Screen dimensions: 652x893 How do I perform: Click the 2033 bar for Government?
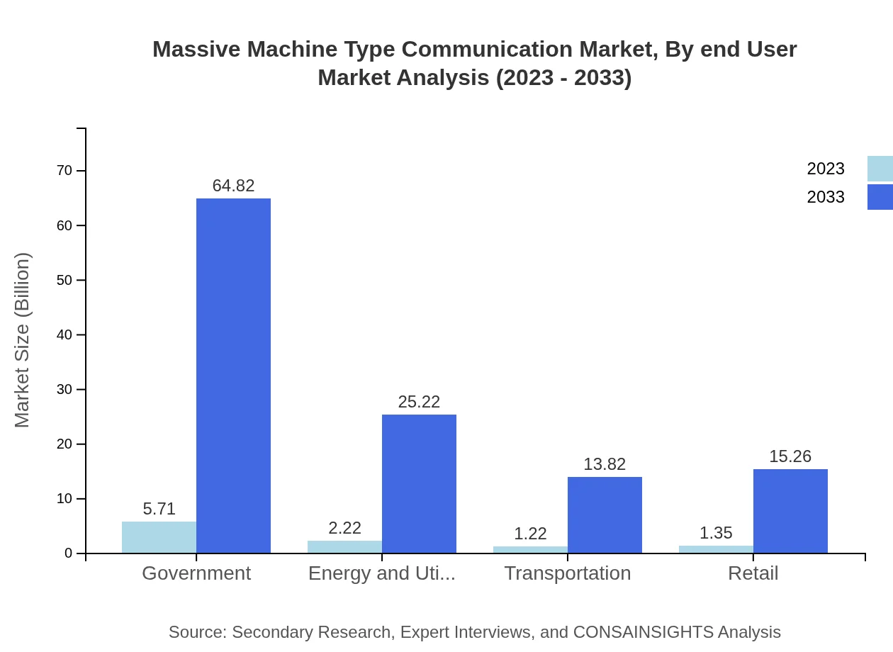tap(233, 376)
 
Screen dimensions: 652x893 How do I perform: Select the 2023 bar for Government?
tap(159, 537)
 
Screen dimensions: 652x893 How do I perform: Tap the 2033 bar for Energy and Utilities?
tap(419, 483)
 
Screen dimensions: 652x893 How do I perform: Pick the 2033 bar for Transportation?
tap(605, 515)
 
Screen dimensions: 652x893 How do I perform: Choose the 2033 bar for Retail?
tap(790, 511)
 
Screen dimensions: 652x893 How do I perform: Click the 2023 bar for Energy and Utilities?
tap(344, 546)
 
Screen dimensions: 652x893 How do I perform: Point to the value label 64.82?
tap(233, 186)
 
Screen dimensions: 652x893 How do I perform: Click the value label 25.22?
tap(419, 402)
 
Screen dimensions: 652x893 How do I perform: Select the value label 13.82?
tap(605, 464)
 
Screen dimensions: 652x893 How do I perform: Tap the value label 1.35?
tap(716, 533)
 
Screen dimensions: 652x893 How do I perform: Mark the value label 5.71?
tap(159, 509)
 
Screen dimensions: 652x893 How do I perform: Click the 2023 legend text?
tap(826, 169)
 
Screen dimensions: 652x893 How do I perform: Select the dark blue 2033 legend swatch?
tap(880, 197)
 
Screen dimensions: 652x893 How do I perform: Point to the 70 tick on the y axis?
tap(64, 171)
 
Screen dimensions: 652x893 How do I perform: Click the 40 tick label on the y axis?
tap(64, 335)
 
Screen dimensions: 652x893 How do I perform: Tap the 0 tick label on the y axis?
tap(69, 553)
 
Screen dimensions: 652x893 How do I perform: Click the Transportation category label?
tap(567, 573)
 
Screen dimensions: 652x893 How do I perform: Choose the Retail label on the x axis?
tap(753, 573)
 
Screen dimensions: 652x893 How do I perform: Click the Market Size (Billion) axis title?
tap(22, 340)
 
